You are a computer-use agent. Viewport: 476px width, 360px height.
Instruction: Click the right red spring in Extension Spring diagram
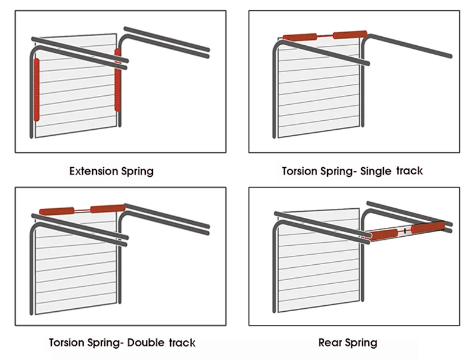118,81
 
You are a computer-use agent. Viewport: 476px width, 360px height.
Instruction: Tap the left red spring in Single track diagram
300,37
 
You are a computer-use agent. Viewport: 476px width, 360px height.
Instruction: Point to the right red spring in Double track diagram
107,208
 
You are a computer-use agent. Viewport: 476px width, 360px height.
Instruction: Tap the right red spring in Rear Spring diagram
427,228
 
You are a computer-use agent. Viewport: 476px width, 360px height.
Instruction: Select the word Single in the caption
375,171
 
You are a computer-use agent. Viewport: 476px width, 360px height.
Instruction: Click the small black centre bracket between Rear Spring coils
404,230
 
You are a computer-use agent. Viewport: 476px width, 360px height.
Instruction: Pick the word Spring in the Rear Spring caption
362,343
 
